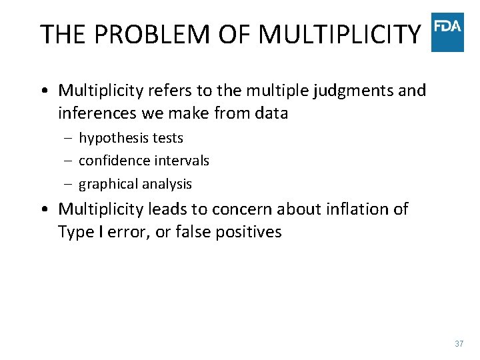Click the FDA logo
pos(447,32)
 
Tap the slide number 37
pos(459,344)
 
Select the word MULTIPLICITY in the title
pos(339,34)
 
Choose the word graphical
pos(107,184)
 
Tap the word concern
pos(241,209)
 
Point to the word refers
pos(171,91)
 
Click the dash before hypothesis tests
pos(69,139)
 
